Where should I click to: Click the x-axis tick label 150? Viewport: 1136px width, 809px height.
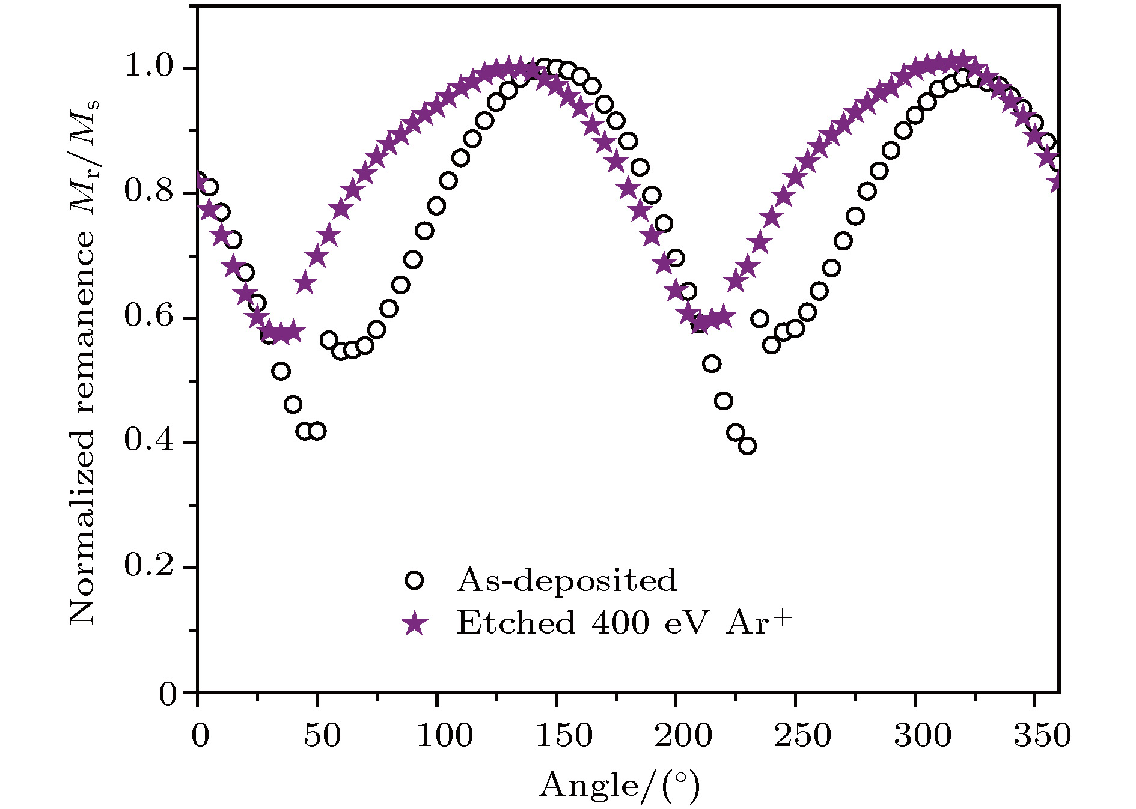pyautogui.click(x=563, y=736)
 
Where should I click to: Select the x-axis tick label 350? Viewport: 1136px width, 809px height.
pyautogui.click(x=1042, y=736)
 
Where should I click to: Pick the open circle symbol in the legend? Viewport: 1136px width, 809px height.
pyautogui.click(x=414, y=580)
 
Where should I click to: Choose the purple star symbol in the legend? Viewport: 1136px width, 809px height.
pyautogui.click(x=414, y=623)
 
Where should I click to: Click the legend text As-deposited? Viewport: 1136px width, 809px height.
pyautogui.click(x=566, y=580)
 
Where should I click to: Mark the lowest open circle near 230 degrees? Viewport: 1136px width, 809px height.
pyautogui.click(x=747, y=446)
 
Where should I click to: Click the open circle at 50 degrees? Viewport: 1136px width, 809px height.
pyautogui.click(x=317, y=431)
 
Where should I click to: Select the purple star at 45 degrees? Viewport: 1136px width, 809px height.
pyautogui.click(x=305, y=283)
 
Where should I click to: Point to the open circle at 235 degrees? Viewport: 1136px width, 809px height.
pyautogui.click(x=759, y=319)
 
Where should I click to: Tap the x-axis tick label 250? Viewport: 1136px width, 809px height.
pyautogui.click(x=802, y=736)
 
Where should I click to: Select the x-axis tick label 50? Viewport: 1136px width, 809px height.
pyautogui.click(x=323, y=736)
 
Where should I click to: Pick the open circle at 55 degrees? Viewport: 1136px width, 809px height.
pyautogui.click(x=329, y=340)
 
